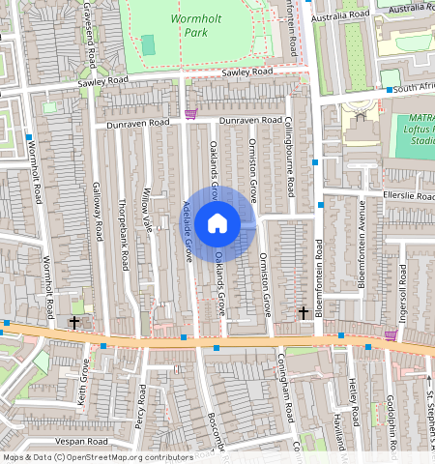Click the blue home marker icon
217,223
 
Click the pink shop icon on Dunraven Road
190,115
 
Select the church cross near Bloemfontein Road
304,312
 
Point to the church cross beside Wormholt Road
74,322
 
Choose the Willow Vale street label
148,209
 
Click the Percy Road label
140,406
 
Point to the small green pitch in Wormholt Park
148,44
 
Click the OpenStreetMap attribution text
84,457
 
